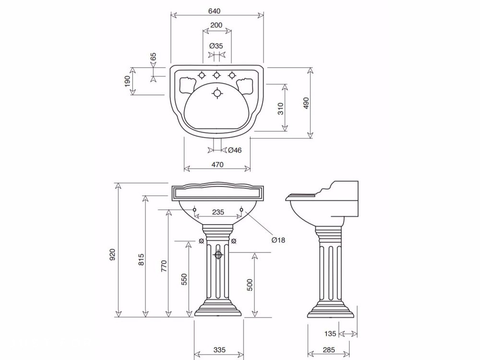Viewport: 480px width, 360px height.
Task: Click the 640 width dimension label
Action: (x=214, y=11)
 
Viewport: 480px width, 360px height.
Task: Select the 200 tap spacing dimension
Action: (x=216, y=25)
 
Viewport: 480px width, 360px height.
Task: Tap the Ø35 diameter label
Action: (x=216, y=46)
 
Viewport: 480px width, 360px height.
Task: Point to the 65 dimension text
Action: (x=154, y=57)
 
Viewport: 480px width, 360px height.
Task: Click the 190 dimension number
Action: (x=128, y=81)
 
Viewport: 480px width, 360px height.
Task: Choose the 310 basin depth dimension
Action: (x=281, y=108)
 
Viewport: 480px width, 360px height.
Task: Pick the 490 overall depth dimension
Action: (x=306, y=103)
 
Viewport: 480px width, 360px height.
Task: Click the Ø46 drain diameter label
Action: (x=235, y=150)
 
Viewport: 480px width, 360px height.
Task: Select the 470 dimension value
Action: (x=217, y=164)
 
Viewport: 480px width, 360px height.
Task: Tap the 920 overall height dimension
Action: (x=112, y=254)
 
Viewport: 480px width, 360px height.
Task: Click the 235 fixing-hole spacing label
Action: (x=218, y=212)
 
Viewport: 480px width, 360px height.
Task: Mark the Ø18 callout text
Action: (x=278, y=240)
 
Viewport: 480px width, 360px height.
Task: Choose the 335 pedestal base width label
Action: (x=219, y=349)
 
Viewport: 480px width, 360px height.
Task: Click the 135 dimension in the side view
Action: (x=330, y=334)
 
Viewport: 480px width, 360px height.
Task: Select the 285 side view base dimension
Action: (x=328, y=349)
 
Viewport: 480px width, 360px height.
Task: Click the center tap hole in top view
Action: (x=217, y=75)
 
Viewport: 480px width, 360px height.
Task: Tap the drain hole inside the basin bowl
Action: (x=217, y=93)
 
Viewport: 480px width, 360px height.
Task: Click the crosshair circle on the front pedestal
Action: (x=218, y=255)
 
